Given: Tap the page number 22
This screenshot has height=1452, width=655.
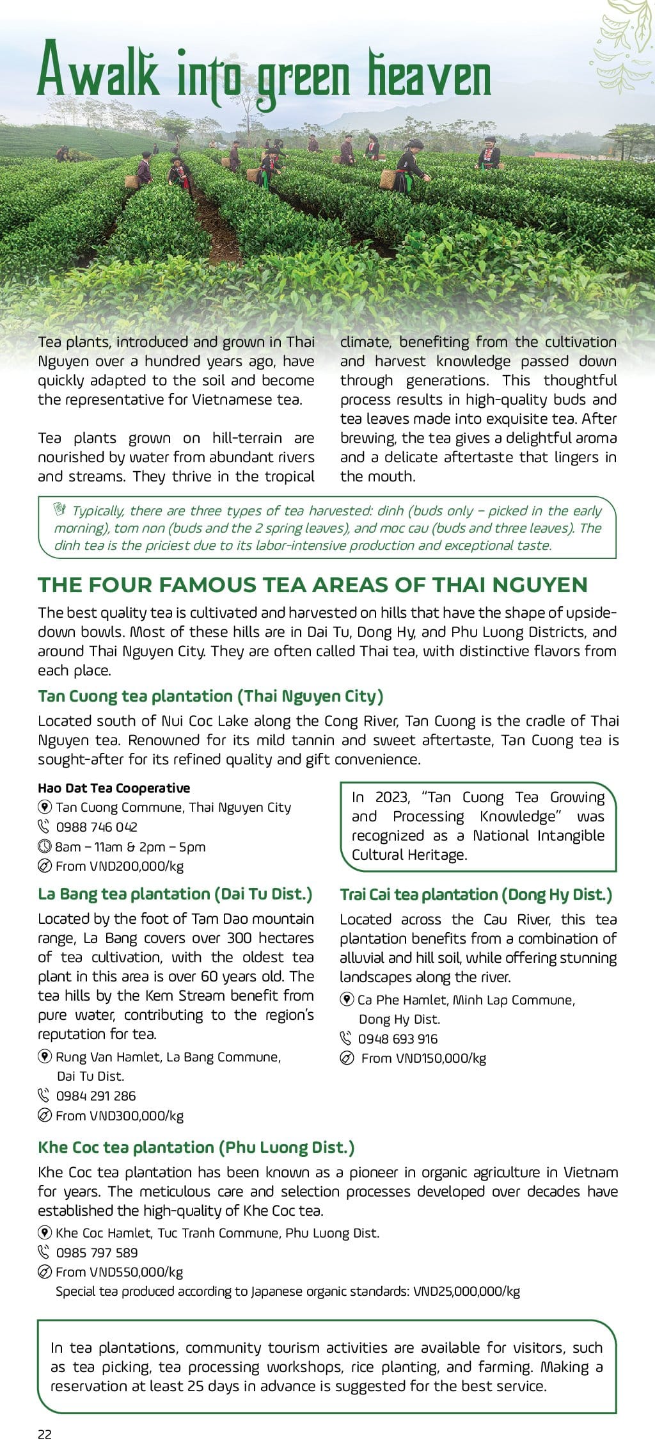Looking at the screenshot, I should coord(45,1434).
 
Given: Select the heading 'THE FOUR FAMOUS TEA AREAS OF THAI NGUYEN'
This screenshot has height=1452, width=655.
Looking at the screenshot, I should coord(312,585).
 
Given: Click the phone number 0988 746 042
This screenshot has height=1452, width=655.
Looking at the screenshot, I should coord(97,827).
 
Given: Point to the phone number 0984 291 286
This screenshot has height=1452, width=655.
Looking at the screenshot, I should coord(96,1095).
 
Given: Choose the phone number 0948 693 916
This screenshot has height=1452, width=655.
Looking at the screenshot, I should coord(398,1038).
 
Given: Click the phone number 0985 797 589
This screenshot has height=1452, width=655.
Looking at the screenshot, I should coord(97,1252).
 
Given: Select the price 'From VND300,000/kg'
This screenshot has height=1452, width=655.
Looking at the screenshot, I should coord(120,1115).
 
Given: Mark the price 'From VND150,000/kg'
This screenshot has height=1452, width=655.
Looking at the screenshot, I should coord(423,1058).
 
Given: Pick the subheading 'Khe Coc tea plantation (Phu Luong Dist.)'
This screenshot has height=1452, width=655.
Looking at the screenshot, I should coord(196,1147).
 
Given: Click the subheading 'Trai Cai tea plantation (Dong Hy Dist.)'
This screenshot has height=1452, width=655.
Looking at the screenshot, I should coord(476,894).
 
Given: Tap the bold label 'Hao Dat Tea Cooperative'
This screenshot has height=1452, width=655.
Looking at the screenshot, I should coord(114,787).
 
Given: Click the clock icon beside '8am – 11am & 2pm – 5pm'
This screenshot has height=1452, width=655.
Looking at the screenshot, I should coord(44,846).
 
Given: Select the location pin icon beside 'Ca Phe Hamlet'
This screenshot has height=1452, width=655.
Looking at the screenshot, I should coord(347,999).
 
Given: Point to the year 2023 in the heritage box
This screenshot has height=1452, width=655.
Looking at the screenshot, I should coord(392,797).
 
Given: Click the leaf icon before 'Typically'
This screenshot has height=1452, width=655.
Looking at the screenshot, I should coord(60,510).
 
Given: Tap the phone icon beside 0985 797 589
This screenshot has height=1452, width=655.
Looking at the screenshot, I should coord(44,1252).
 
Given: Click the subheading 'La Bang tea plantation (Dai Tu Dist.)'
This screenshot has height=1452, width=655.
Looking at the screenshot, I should coord(175,894).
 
